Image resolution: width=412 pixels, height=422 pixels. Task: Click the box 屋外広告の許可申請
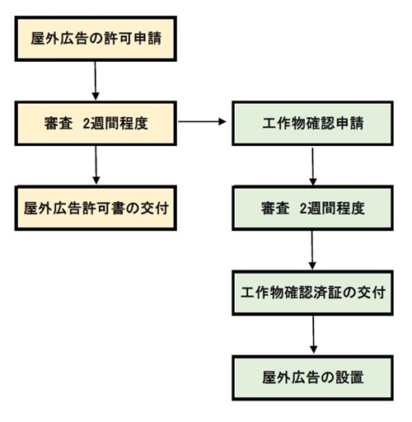(96, 39)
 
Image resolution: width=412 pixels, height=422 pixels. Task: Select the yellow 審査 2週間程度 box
(96, 124)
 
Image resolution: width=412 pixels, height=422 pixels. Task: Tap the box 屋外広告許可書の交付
(96, 208)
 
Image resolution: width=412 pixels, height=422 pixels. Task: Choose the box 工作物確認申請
(312, 124)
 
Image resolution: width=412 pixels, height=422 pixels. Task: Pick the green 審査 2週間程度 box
(312, 208)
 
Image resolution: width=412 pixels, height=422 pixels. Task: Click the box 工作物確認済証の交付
(312, 293)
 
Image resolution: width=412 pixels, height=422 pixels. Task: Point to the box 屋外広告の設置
(312, 377)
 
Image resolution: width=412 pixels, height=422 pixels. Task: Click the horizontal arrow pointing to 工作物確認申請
(202, 121)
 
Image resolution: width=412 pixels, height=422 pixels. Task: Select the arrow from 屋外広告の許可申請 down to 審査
(96, 81)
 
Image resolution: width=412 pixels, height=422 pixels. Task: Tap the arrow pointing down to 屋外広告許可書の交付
(96, 165)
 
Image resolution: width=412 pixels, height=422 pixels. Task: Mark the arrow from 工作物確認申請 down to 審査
(313, 166)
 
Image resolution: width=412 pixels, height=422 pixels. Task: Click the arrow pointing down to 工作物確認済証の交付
(312, 251)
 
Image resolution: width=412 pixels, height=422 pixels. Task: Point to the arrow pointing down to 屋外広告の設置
(313, 335)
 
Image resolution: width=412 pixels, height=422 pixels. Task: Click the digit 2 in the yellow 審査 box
(87, 124)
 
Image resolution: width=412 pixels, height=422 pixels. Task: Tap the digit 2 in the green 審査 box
(303, 209)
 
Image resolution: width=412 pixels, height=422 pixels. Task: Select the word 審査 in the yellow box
(59, 124)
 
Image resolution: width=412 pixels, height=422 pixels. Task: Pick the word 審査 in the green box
(275, 209)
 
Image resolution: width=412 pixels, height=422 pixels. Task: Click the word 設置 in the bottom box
(349, 377)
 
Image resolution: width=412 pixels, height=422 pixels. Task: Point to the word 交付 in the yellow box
(154, 209)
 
